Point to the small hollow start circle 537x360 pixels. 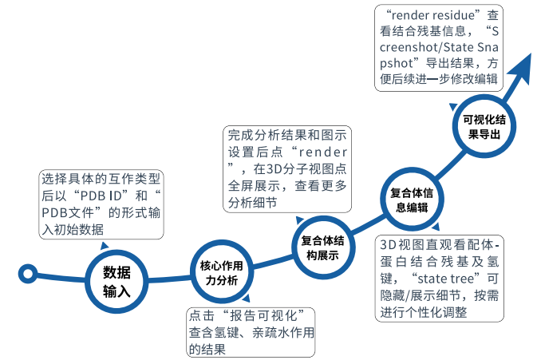[29, 275]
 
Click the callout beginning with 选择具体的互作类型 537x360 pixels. [101, 204]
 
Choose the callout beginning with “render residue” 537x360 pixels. [444, 45]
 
